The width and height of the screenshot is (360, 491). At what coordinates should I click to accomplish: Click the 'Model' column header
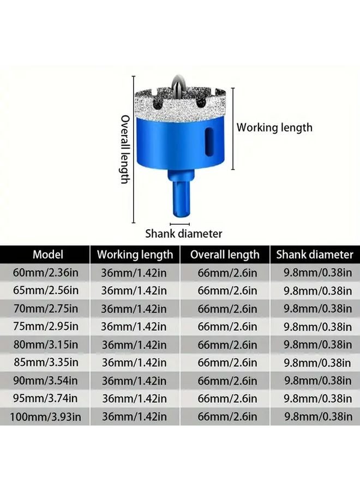click(48, 254)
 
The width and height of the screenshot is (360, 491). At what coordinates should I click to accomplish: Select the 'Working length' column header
click(135, 254)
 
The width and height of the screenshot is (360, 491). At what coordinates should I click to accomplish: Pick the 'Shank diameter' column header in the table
click(315, 254)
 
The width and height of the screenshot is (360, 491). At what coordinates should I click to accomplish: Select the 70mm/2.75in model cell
click(48, 309)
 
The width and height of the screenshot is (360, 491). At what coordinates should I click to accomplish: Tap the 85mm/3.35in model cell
click(48, 362)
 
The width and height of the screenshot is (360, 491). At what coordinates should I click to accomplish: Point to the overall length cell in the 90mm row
click(227, 380)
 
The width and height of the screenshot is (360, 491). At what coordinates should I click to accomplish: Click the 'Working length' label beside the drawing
click(274, 128)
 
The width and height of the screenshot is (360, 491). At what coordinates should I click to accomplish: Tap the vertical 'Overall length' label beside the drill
click(125, 149)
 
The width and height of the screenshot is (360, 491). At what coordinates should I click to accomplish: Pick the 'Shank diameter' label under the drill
click(183, 233)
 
